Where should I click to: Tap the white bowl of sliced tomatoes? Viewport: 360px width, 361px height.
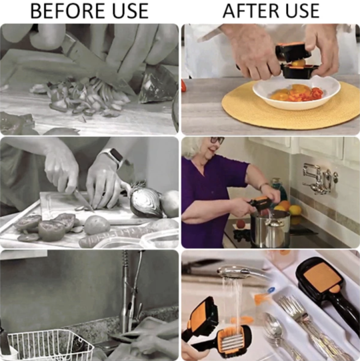pyautogui.click(x=297, y=94)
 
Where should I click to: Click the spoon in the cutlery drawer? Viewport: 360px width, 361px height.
pyautogui.click(x=279, y=332)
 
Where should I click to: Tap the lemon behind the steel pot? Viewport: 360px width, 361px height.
pyautogui.click(x=295, y=210)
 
